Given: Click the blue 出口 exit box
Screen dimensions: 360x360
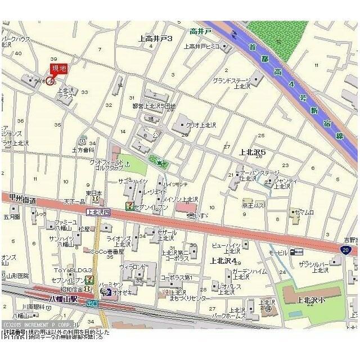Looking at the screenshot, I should click(92, 303).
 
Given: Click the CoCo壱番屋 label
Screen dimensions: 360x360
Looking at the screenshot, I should click(106, 251).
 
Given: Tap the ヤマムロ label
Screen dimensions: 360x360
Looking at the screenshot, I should click(304, 213).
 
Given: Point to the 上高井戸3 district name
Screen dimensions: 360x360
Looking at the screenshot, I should click(155, 38).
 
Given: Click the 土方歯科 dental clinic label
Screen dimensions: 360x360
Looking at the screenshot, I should click(83, 150).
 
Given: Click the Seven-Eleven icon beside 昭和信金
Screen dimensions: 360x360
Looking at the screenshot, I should click(90, 280).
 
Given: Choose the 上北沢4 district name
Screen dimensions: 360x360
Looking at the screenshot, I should click(223, 260).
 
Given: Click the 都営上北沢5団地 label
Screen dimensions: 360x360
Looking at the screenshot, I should click(154, 106).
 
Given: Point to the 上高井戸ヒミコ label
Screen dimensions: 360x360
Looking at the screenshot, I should click(201, 46).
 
